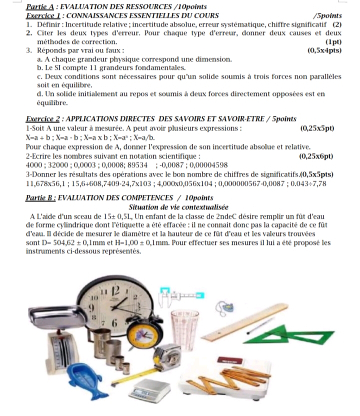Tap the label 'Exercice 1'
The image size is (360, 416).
43,15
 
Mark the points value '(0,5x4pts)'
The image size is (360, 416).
325,50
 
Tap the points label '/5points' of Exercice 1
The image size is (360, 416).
327,15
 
